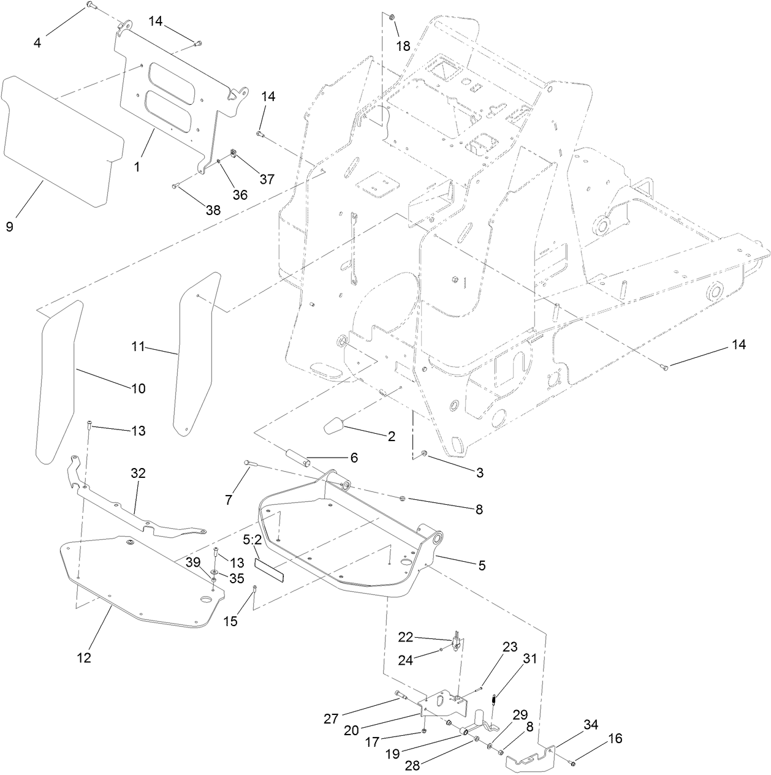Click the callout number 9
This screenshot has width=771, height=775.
click(x=10, y=227)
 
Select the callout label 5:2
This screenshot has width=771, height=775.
click(x=253, y=540)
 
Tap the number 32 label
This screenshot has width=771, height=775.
click(x=137, y=473)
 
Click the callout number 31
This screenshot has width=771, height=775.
click(x=530, y=659)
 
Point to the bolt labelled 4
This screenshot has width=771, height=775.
click(x=89, y=6)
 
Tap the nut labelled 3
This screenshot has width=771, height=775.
click(x=424, y=454)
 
